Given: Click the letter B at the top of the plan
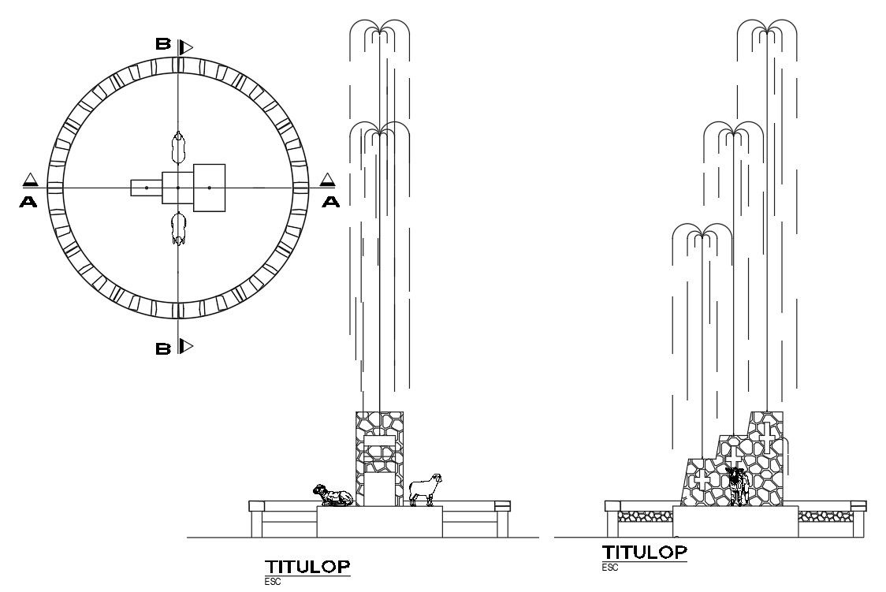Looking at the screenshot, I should [162, 45].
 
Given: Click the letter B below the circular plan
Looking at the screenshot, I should [162, 348].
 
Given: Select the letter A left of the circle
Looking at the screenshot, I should [28, 202].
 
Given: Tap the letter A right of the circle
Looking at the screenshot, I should [331, 202].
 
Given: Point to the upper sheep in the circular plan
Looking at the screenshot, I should [179, 147].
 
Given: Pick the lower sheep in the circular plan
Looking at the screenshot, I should [179, 228].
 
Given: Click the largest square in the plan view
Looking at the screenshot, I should [209, 188].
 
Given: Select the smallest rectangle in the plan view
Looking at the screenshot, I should [146, 188].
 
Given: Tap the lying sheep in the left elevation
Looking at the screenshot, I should [332, 496].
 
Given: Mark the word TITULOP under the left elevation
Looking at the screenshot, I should [307, 567].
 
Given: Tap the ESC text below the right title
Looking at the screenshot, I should [610, 567].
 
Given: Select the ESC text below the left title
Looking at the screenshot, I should [273, 582].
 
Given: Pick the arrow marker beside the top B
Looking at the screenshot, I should [185, 47].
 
